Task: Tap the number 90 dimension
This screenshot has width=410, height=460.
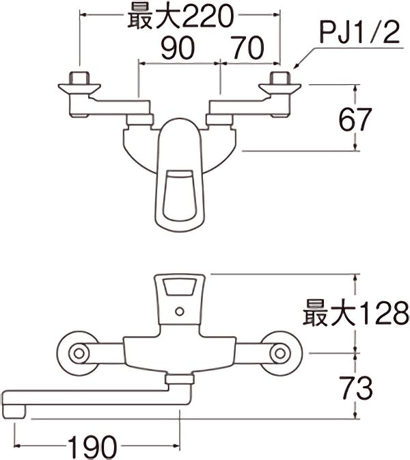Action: click(x=178, y=48)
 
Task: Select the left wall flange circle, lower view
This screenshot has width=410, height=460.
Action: click(x=78, y=354)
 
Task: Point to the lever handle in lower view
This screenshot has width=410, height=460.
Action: click(x=179, y=294)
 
